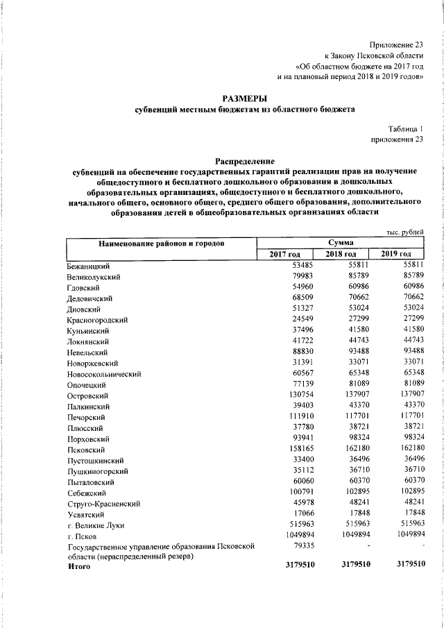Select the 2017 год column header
click(x=284, y=255)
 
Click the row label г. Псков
click(x=83, y=536)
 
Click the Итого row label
click(x=79, y=568)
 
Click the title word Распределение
click(x=244, y=161)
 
